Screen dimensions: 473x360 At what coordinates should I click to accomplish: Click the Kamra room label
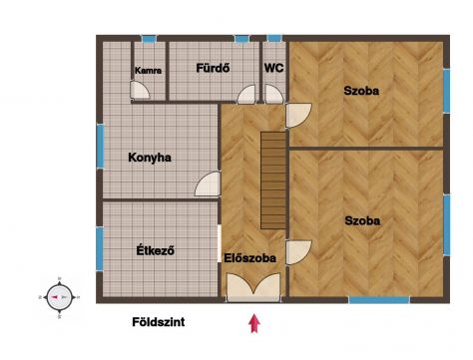coord(148,71)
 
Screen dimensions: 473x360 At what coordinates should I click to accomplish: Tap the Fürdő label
coord(213,68)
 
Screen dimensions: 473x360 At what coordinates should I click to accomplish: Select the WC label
coord(273,68)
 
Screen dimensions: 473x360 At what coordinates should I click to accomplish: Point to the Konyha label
coord(150,158)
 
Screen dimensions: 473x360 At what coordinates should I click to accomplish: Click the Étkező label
coord(156,250)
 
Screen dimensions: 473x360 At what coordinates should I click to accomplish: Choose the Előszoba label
coord(249,258)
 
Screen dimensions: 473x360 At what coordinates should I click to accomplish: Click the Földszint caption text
coord(159,322)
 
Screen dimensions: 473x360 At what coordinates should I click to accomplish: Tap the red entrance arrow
coord(254,323)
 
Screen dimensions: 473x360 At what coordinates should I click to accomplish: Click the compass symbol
coord(60,297)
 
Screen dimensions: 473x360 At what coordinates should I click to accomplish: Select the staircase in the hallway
coord(273,180)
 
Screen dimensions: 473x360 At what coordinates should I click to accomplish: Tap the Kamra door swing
coord(140,90)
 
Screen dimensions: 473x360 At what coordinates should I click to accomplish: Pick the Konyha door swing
coord(208,183)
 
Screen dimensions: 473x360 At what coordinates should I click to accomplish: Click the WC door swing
coord(273,94)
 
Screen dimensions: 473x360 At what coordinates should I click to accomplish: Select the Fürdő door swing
coord(246,95)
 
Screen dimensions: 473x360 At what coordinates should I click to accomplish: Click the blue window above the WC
coord(274,38)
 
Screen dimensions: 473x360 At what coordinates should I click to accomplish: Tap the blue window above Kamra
coord(149,39)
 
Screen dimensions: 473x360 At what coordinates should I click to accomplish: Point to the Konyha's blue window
coord(100,146)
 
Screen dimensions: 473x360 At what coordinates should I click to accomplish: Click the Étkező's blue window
coord(100,248)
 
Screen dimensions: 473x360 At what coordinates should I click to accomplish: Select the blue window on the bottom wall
coord(379,300)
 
